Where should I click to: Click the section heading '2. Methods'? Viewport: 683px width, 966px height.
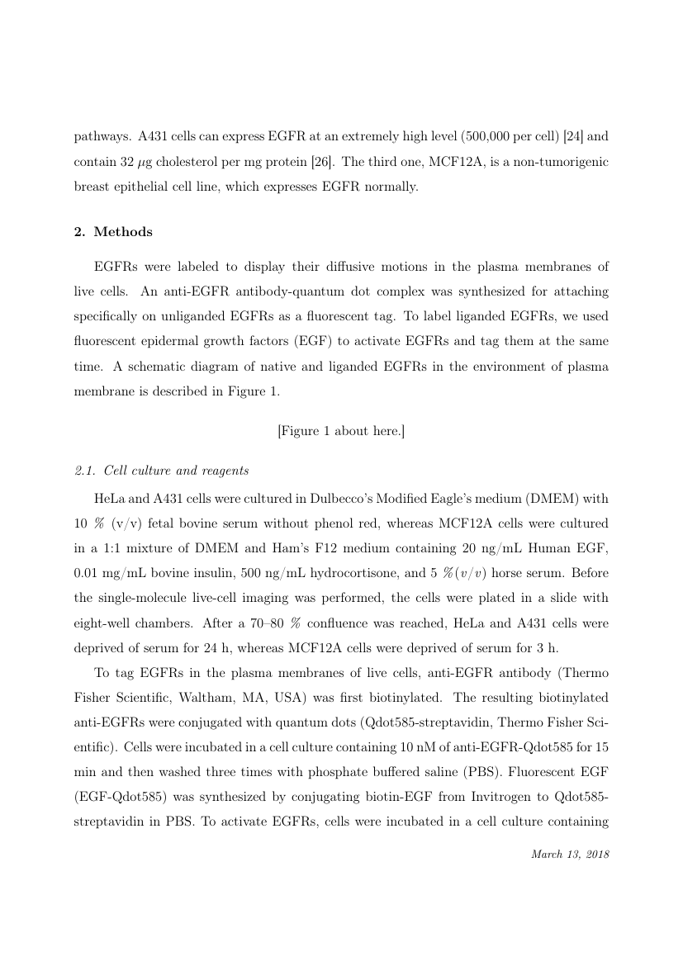[113, 232]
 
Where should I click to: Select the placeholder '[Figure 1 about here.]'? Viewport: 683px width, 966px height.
[341, 431]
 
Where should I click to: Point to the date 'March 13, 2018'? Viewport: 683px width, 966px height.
[569, 855]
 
